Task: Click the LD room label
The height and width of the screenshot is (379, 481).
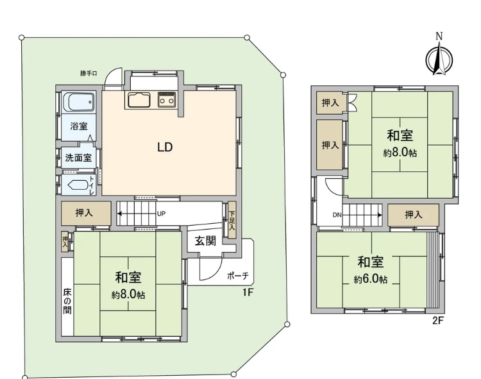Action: [165, 147]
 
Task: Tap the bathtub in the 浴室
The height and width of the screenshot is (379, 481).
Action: [78, 102]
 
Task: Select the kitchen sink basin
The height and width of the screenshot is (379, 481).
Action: [139, 99]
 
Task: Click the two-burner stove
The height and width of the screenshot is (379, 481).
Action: [167, 99]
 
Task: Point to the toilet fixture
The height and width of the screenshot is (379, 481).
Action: [78, 185]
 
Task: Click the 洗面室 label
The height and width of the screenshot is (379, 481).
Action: [78, 158]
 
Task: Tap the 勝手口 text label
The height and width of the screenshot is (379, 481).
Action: [89, 73]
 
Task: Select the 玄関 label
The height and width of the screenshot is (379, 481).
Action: [205, 240]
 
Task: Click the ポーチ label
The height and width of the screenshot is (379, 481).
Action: [237, 276]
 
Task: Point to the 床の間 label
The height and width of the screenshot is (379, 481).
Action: [67, 301]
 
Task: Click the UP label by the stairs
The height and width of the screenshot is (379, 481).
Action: [162, 214]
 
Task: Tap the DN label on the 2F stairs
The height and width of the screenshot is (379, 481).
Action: [337, 215]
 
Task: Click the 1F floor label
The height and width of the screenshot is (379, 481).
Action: [248, 292]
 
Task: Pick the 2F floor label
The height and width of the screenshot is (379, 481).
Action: [438, 321]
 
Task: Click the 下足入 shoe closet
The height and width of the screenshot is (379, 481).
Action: [232, 220]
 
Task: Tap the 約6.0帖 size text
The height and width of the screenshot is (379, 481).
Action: [371, 280]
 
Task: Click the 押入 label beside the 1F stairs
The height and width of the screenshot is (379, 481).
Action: [84, 212]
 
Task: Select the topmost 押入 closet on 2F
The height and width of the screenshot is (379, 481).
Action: [330, 103]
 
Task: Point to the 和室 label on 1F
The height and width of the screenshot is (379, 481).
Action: [128, 278]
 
